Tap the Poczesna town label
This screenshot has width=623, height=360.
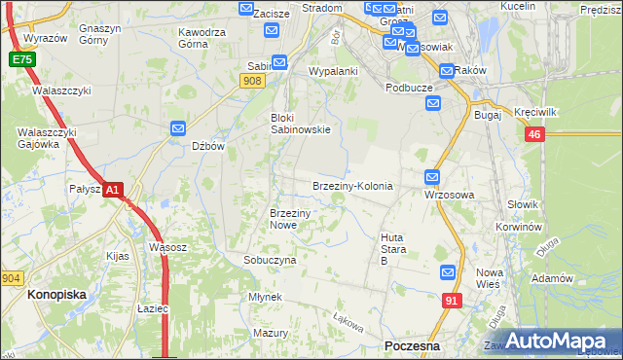[x=413, y=346]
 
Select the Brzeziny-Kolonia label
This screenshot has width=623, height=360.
[x=351, y=186]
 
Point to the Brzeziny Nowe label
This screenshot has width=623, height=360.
[x=289, y=219]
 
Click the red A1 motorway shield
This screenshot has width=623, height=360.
[x=113, y=190]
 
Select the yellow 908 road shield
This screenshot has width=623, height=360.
[x=253, y=82]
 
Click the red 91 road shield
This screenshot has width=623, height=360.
[x=451, y=302]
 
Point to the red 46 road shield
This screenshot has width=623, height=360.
[x=532, y=136]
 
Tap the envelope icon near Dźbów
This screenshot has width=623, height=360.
[x=178, y=128]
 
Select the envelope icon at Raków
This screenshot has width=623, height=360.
[x=446, y=70]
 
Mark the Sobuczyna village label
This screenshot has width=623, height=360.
[x=270, y=261]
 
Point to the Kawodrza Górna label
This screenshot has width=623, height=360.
[x=202, y=38]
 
